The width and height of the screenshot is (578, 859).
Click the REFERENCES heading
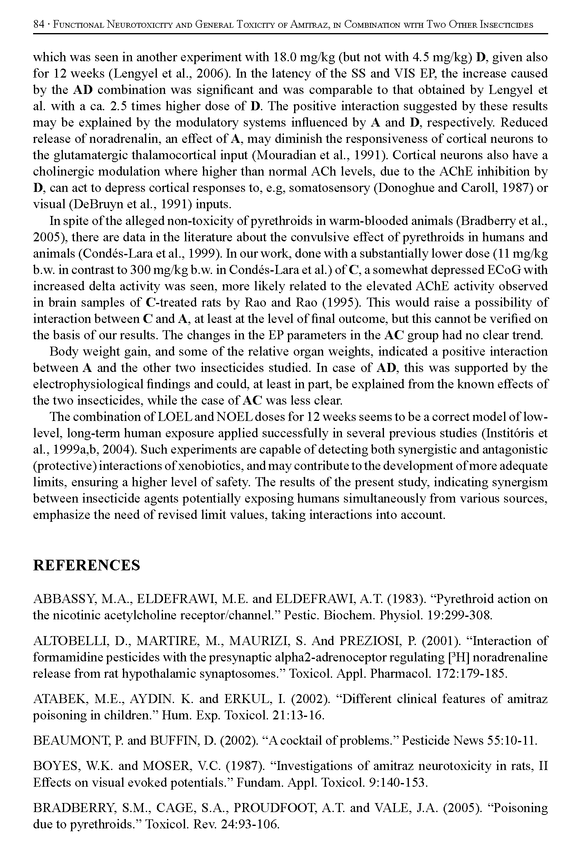[x=86, y=565]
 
